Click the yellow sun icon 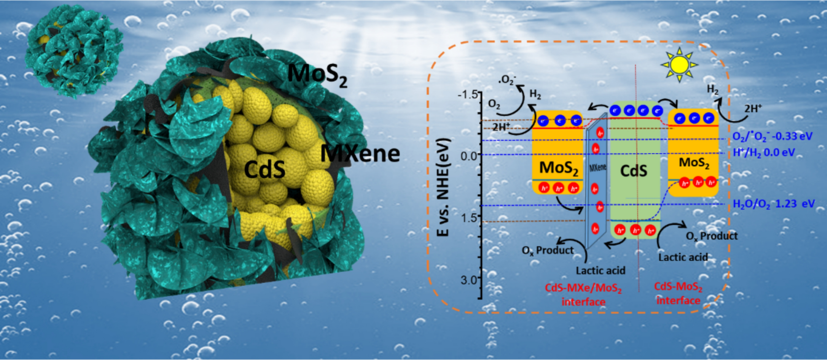point(679,65)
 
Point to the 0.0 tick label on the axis point(469,156)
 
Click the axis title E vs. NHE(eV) point(444,187)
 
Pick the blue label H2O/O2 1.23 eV point(773,204)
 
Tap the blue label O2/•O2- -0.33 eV point(772,137)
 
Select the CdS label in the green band point(633,171)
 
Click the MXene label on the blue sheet point(598,168)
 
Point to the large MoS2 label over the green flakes point(317,74)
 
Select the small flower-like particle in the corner point(72,50)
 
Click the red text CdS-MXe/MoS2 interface point(583,294)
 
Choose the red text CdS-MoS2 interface point(678,293)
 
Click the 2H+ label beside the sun point(752,109)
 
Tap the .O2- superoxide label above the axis point(507,80)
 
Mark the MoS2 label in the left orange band point(558,168)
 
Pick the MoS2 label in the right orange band point(694,163)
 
